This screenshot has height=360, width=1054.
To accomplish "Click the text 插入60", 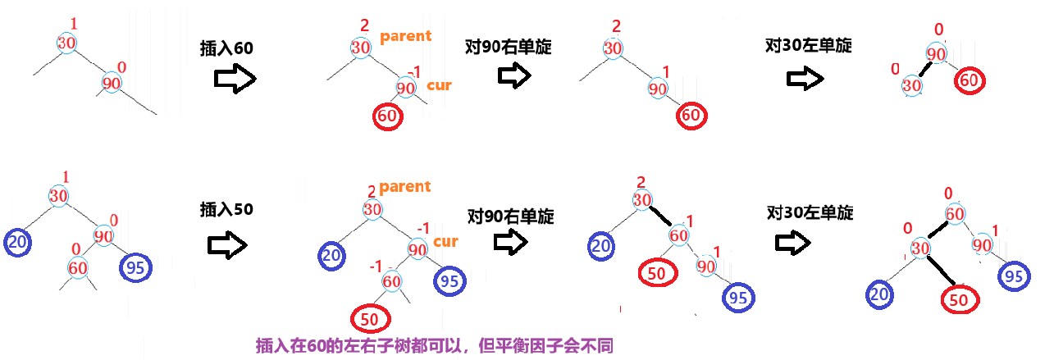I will click(x=226, y=48).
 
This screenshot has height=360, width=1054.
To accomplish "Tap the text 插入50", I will click(x=226, y=209).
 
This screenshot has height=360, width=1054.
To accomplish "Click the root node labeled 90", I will click(x=936, y=54).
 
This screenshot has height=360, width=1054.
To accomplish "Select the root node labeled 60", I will click(x=954, y=214).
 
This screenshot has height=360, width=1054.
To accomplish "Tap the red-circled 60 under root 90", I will click(x=970, y=80).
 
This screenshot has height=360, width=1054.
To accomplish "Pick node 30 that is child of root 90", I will click(x=911, y=84).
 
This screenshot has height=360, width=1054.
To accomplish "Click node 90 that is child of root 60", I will click(x=982, y=244).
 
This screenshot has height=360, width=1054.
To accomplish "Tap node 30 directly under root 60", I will click(x=919, y=248).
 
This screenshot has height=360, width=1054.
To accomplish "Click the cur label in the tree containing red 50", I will click(x=445, y=242).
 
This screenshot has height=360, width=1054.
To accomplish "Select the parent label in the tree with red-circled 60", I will click(x=405, y=37).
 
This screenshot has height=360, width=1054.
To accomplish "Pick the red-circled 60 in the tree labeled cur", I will click(x=388, y=116).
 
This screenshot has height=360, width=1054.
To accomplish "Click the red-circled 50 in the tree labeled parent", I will click(x=370, y=317).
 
